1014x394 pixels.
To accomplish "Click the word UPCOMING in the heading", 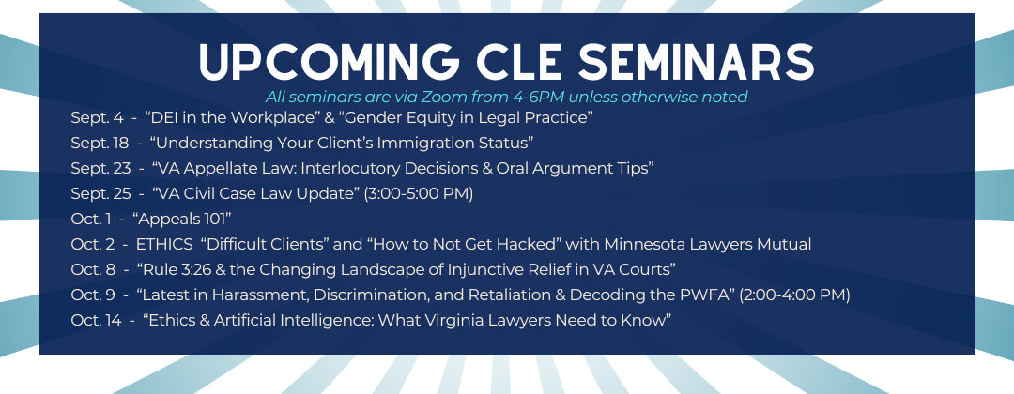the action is [x=329, y=62].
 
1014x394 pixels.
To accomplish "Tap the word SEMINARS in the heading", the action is [x=696, y=62].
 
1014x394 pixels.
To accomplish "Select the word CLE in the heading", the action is [x=518, y=62].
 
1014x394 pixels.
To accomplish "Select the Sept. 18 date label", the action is [x=100, y=143].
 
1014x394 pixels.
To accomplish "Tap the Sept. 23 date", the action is [x=100, y=168].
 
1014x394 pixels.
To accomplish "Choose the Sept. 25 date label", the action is [x=100, y=193].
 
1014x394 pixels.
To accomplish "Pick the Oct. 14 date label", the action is [x=96, y=320].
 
